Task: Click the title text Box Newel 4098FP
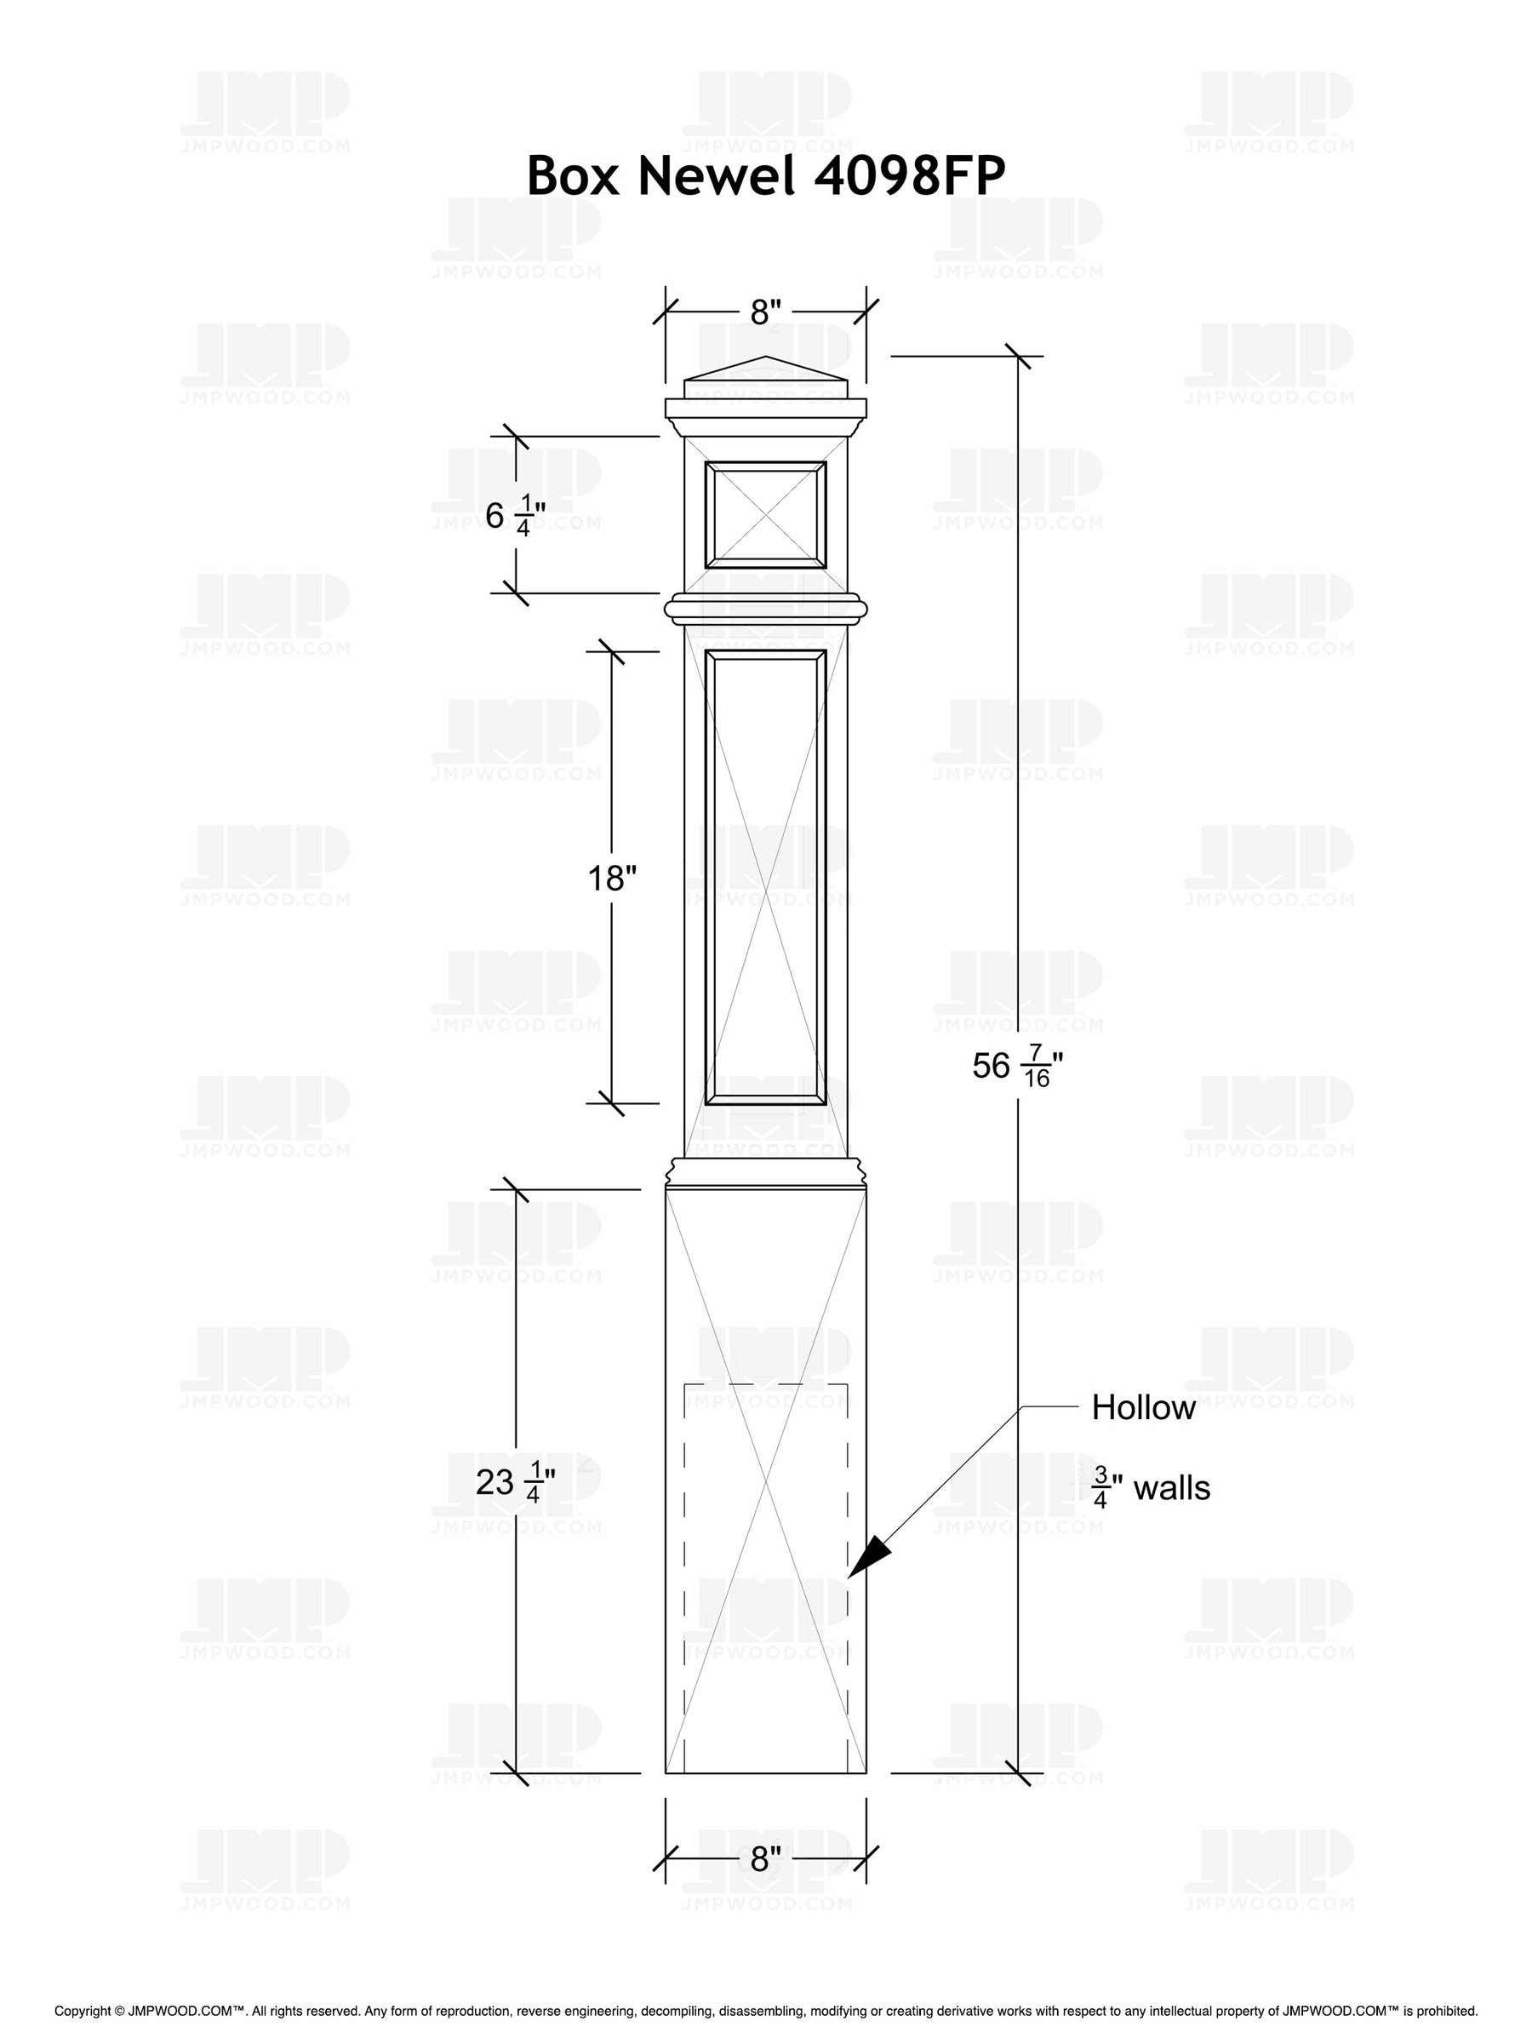pos(765,175)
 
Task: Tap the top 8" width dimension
pos(765,313)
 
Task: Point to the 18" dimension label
pos(613,878)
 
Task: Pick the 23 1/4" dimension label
pos(515,1483)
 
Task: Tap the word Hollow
pos(1143,1407)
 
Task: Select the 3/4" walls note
pos(1151,1489)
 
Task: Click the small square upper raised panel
pos(765,515)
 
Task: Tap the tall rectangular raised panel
pos(765,878)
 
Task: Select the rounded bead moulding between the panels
pos(765,608)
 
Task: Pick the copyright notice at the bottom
pos(765,2011)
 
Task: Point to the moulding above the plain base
pos(765,1174)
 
